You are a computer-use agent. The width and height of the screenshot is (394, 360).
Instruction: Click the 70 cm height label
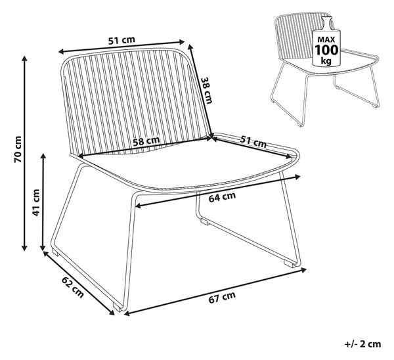click(18, 149)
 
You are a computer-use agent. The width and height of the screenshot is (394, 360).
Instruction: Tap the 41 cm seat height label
click(36, 202)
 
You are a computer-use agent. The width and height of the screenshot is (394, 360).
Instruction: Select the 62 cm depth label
click(73, 287)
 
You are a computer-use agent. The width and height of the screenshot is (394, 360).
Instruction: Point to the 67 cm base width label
click(222, 297)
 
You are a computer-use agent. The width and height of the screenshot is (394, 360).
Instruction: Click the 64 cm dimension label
click(222, 196)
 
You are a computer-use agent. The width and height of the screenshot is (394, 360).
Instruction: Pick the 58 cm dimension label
click(146, 141)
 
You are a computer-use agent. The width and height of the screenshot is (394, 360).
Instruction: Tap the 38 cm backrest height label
click(207, 90)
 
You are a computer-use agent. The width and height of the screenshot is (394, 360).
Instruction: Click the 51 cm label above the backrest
click(121, 40)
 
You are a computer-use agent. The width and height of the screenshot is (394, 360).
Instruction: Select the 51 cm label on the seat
click(253, 141)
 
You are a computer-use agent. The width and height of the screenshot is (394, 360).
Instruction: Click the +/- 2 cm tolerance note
click(363, 344)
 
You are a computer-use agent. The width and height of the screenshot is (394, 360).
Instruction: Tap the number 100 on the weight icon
click(326, 50)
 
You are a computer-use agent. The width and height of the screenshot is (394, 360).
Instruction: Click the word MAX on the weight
click(326, 39)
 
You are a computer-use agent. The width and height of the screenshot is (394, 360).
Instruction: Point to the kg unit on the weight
click(326, 60)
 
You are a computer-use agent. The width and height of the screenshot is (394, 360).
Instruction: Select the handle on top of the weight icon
click(326, 23)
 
